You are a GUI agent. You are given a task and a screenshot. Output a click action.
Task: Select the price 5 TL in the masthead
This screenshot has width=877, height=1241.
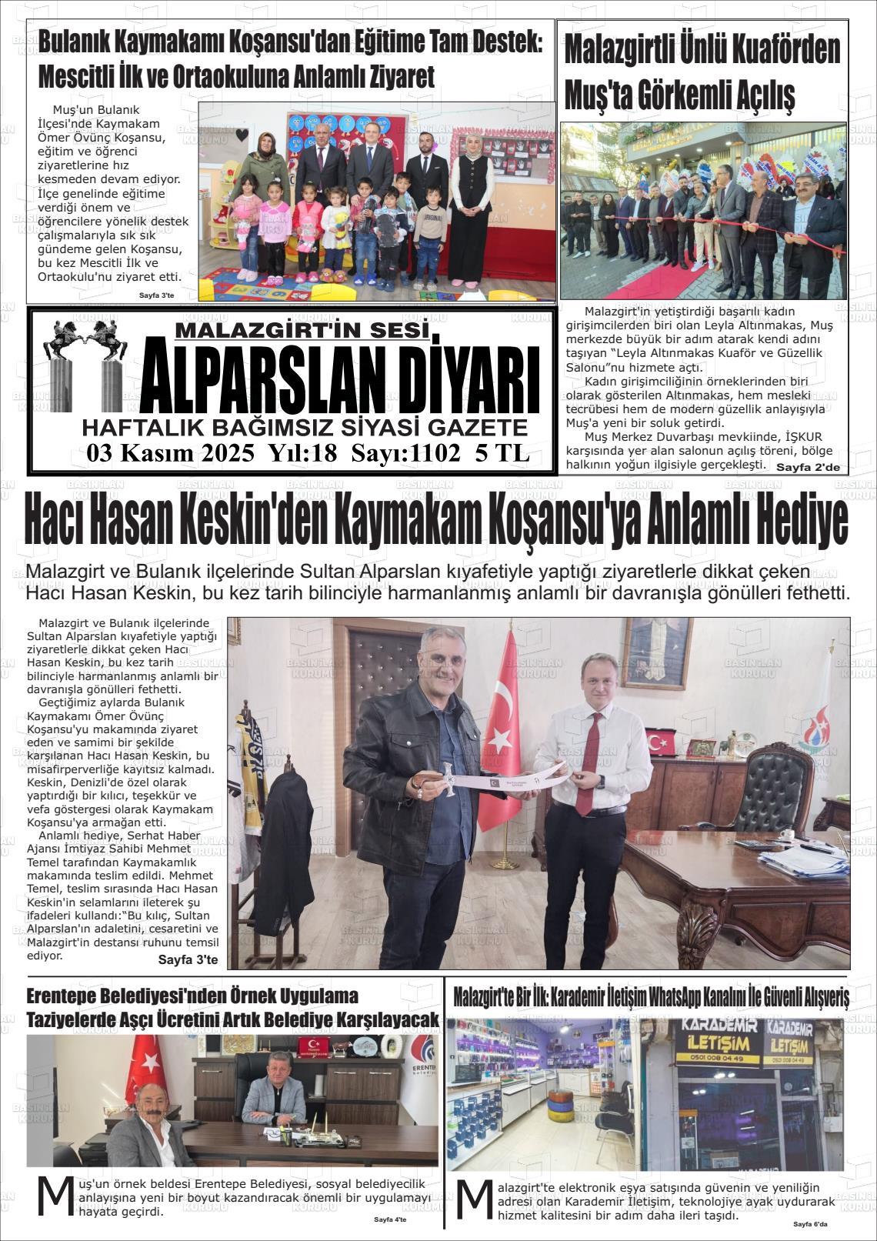[x=502, y=454]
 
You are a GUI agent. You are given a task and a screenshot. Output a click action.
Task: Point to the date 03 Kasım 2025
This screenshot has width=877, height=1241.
[x=170, y=454]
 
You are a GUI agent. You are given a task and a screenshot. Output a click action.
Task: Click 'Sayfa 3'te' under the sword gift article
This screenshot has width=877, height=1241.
[x=188, y=959]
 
